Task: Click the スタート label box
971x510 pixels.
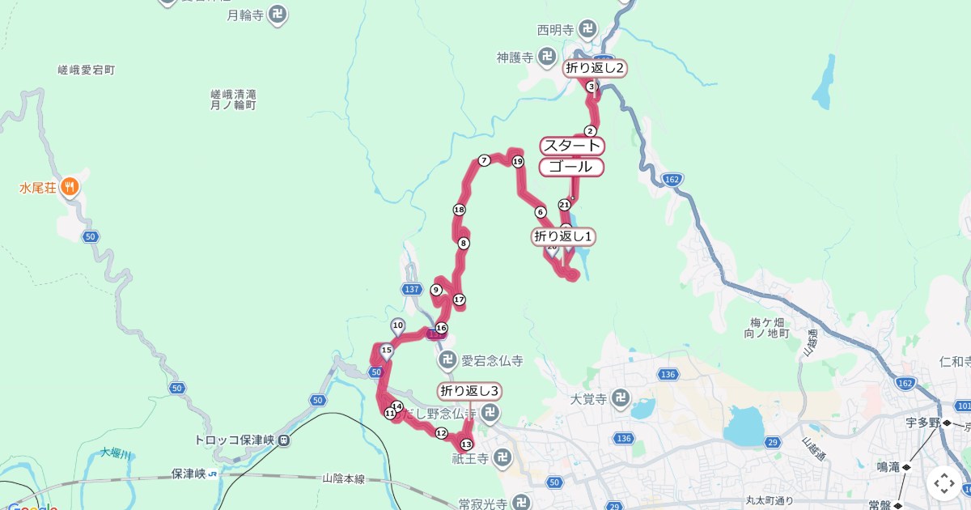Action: pyautogui.click(x=572, y=146)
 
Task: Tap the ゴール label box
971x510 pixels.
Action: pyautogui.click(x=572, y=167)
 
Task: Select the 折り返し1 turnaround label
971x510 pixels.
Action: pyautogui.click(x=564, y=236)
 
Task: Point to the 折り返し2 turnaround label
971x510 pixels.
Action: pyautogui.click(x=595, y=68)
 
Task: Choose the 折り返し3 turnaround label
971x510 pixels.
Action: pyautogui.click(x=469, y=391)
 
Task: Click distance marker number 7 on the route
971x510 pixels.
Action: pyautogui.click(x=484, y=160)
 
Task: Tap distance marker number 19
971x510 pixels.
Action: pyautogui.click(x=518, y=162)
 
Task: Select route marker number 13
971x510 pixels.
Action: pyautogui.click(x=466, y=444)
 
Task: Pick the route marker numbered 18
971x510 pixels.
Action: pyautogui.click(x=460, y=210)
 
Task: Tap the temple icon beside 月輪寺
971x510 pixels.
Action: pyautogui.click(x=278, y=14)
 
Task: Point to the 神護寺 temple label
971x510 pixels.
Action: pyautogui.click(x=515, y=57)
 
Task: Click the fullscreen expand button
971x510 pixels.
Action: pyautogui.click(x=944, y=483)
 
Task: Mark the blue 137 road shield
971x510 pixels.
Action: pyautogui.click(x=412, y=289)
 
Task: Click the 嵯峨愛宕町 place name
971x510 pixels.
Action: pyautogui.click(x=87, y=70)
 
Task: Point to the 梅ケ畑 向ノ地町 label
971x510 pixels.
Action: pyautogui.click(x=765, y=327)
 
